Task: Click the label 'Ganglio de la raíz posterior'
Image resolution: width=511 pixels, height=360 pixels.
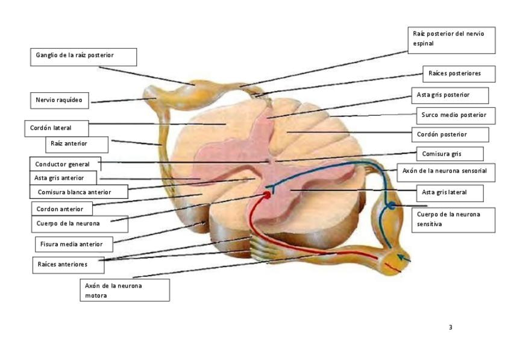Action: pyautogui.click(x=83, y=56)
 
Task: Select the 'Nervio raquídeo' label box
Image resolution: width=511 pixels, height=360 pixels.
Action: pyautogui.click(x=59, y=100)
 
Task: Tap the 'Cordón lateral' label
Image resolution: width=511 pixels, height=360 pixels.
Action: pyautogui.click(x=58, y=128)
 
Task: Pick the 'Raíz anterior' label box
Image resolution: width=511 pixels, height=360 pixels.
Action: pyautogui.click(x=77, y=144)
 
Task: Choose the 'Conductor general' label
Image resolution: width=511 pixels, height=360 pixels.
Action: pyautogui.click(x=65, y=164)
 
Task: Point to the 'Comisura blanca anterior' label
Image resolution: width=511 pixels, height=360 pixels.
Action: pyautogui.click(x=79, y=192)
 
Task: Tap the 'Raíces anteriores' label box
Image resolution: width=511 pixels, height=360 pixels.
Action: pyautogui.click(x=67, y=264)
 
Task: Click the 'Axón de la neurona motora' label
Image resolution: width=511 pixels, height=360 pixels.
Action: pyautogui.click(x=124, y=290)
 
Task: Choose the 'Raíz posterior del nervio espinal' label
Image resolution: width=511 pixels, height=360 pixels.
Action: pyautogui.click(x=451, y=39)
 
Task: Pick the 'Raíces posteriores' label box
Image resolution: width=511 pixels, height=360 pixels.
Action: pyautogui.click(x=459, y=74)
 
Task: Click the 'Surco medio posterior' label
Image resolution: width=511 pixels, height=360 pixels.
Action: pyautogui.click(x=455, y=115)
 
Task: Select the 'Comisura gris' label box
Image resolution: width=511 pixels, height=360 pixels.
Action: pyautogui.click(x=449, y=154)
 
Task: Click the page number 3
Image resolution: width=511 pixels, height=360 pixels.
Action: pyautogui.click(x=451, y=327)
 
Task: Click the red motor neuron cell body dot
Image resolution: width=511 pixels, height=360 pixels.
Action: pyautogui.click(x=266, y=195)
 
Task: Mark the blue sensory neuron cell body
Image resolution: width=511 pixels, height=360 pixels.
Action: pyautogui.click(x=391, y=205)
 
